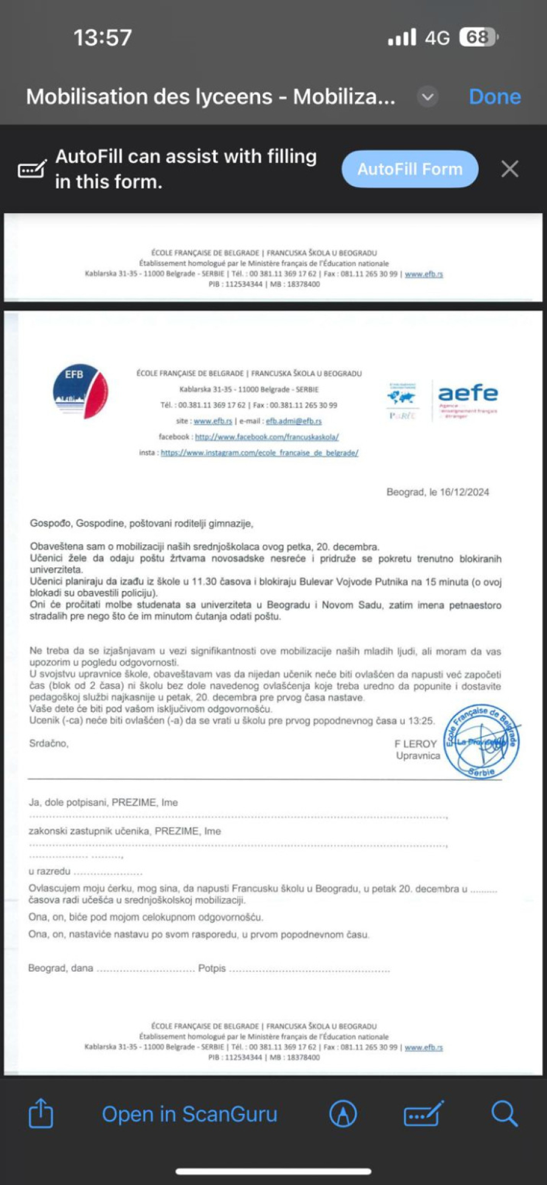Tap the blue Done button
click(x=495, y=97)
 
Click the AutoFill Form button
click(x=410, y=169)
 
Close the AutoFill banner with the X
click(x=510, y=169)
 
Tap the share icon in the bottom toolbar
click(x=41, y=1113)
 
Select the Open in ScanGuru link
click(x=190, y=1114)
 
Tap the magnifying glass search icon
click(x=504, y=1113)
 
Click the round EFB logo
click(x=80, y=392)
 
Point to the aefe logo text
click(x=467, y=393)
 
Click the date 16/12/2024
click(x=464, y=492)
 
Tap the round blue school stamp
click(x=481, y=741)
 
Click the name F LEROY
click(x=416, y=743)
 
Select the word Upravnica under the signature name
click(x=418, y=756)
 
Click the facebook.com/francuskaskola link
click(x=266, y=437)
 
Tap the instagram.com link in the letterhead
click(x=260, y=452)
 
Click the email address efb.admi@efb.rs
click(x=294, y=421)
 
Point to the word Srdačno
click(x=49, y=743)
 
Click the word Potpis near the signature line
click(x=212, y=968)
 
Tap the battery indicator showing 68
click(x=478, y=38)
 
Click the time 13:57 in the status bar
click(x=103, y=38)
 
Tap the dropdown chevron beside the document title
click(x=428, y=97)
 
